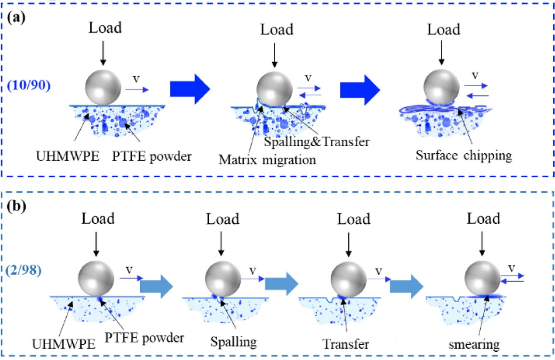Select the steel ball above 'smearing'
click(x=482, y=278)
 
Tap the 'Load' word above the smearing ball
click(x=483, y=219)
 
